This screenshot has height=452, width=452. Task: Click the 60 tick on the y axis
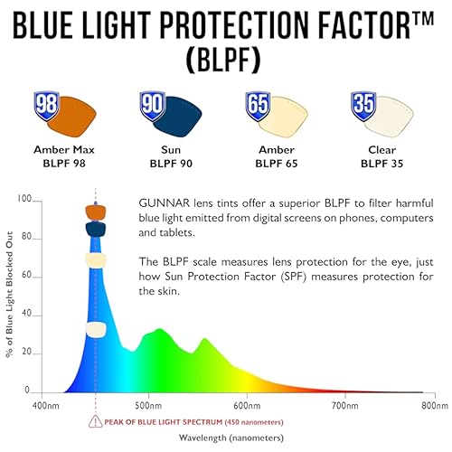coord(25,277)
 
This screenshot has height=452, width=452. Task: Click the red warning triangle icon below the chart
coord(95,421)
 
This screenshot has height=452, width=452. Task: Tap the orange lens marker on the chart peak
coord(96,212)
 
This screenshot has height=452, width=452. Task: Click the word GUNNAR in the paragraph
coord(164,203)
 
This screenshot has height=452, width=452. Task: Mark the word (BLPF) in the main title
coord(226,57)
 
